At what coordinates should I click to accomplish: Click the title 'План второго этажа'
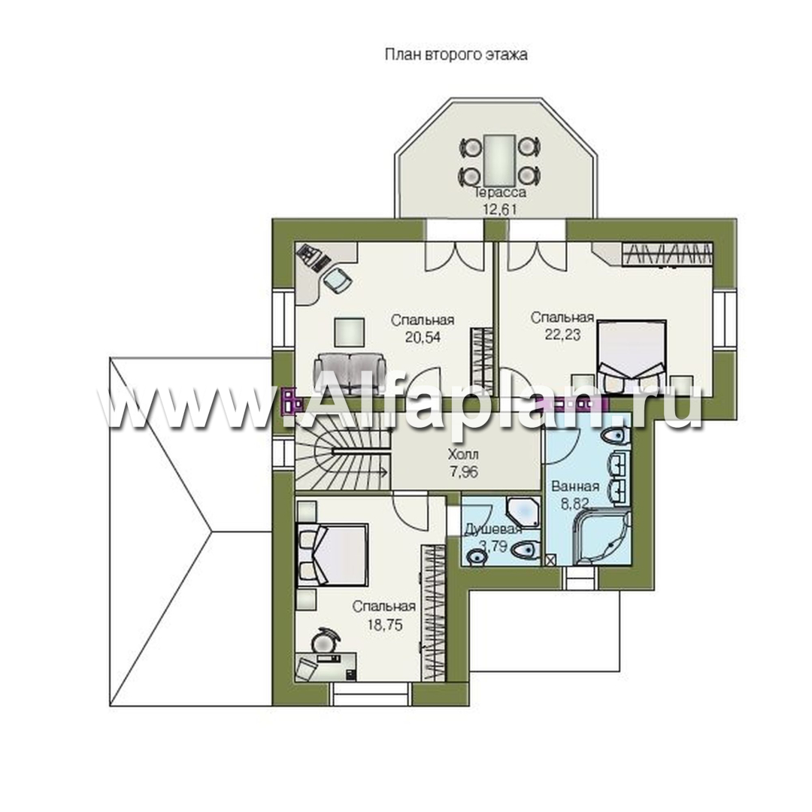[x=456, y=55]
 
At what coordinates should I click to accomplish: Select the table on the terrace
[x=500, y=161]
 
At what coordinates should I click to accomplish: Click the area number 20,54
[x=423, y=337]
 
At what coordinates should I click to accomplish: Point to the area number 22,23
[x=562, y=334]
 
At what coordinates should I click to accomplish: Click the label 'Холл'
[x=463, y=455]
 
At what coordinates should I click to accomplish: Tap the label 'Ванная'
[x=575, y=486]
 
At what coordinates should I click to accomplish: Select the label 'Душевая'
[x=492, y=530]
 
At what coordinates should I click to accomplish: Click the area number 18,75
[x=385, y=624]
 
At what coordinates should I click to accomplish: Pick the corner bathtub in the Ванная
[x=601, y=538]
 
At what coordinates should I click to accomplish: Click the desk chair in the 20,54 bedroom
[x=338, y=280]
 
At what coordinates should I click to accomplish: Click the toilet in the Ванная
[x=617, y=436]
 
